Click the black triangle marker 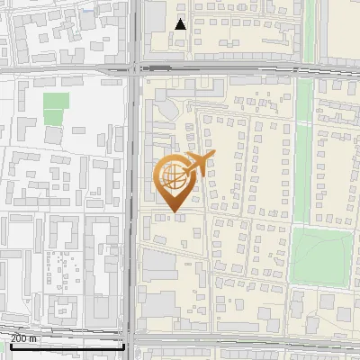[x=181, y=24]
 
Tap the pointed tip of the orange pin [x=173, y=212]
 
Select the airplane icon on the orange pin [x=197, y=164]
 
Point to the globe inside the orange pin [x=172, y=177]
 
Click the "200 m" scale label [x=24, y=338]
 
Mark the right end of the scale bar [x=123, y=346]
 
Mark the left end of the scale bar [x=11, y=346]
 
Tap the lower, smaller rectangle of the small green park [x=53, y=117]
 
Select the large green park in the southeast [x=320, y=254]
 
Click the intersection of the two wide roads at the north [x=134, y=67]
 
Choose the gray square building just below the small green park [x=54, y=135]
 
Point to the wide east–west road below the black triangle [x=225, y=67]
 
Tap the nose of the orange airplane [x=214, y=157]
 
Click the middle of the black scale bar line [x=67, y=346]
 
